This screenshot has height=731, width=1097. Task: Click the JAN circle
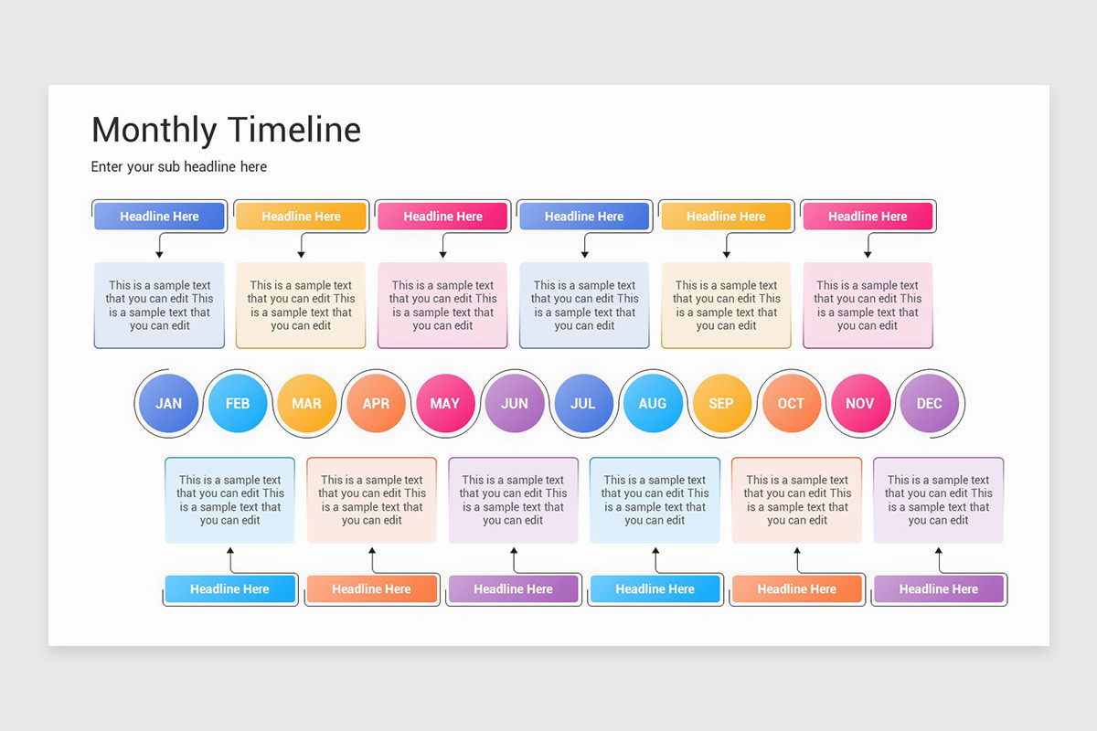click(x=168, y=403)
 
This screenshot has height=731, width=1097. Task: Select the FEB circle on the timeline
click(x=238, y=403)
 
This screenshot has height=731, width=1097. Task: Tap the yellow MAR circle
click(x=306, y=403)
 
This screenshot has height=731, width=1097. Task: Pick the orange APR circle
click(x=376, y=403)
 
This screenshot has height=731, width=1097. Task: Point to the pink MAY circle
click(x=445, y=403)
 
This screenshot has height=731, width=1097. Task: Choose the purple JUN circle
click(x=515, y=403)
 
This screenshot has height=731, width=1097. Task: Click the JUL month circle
click(x=583, y=403)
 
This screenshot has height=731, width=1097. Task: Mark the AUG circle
click(x=653, y=403)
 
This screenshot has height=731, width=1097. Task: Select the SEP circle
click(x=721, y=403)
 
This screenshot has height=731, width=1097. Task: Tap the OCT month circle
click(x=791, y=403)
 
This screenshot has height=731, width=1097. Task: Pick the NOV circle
click(x=860, y=403)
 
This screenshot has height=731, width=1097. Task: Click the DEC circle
click(x=929, y=403)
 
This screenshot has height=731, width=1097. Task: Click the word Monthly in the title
click(x=154, y=130)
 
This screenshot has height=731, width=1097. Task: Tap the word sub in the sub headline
click(x=188, y=166)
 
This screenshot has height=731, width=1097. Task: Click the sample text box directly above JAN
click(x=159, y=305)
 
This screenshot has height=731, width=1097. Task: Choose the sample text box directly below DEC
click(x=938, y=500)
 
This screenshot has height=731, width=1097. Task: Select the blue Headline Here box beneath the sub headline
click(x=159, y=217)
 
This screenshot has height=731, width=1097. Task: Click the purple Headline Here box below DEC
click(x=938, y=589)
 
